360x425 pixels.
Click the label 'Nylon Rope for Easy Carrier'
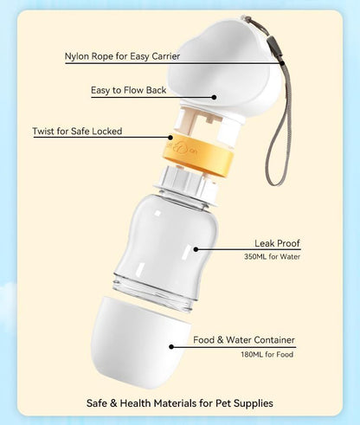pyautogui.click(x=122, y=56)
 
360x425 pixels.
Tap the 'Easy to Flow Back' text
pyautogui.click(x=129, y=90)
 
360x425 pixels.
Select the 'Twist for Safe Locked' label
pyautogui.click(x=77, y=132)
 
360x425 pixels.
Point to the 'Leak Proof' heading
pyautogui.click(x=277, y=243)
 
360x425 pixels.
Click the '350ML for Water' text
pyautogui.click(x=272, y=256)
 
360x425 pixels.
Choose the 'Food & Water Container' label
pyautogui.click(x=244, y=340)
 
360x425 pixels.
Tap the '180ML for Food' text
pyautogui.click(x=267, y=354)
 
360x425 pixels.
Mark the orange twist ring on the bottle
pyautogui.click(x=198, y=156)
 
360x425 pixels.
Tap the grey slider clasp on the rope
pyautogui.click(x=274, y=47)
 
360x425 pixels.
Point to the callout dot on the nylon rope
pyautogui.click(x=282, y=62)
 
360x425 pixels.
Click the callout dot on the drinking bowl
pyautogui.click(x=214, y=97)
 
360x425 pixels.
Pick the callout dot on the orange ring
pyautogui.click(x=170, y=137)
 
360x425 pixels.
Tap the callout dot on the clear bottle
pyautogui.click(x=196, y=249)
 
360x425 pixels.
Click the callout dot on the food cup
pyautogui.click(x=171, y=347)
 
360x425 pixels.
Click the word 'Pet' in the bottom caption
pyautogui.click(x=223, y=403)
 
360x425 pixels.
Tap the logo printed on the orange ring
pyautogui.click(x=183, y=148)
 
